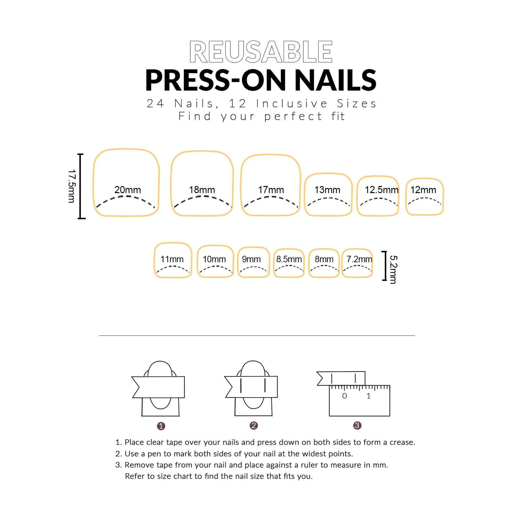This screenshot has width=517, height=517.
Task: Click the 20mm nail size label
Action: pyautogui.click(x=128, y=190)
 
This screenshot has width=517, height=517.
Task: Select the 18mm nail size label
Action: pyautogui.click(x=202, y=190)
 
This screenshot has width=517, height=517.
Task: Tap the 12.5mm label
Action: pyautogui.click(x=381, y=190)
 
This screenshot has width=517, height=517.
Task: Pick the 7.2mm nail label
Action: pyautogui.click(x=359, y=259)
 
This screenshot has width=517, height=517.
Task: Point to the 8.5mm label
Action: pyautogui.click(x=289, y=259)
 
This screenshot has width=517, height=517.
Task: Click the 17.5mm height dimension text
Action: pyautogui.click(x=71, y=186)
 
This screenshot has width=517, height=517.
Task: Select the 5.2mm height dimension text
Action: pyautogui.click(x=393, y=269)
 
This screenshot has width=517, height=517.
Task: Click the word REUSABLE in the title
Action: pyautogui.click(x=261, y=52)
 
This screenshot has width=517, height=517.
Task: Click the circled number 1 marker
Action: pyautogui.click(x=161, y=426)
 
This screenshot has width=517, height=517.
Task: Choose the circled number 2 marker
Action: pyautogui.click(x=253, y=426)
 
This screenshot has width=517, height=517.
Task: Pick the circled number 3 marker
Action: pyautogui.click(x=357, y=426)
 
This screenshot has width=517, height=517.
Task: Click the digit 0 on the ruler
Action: pyautogui.click(x=345, y=396)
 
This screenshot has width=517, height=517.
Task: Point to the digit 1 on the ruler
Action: pyautogui.click(x=368, y=396)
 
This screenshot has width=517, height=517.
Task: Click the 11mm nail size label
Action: pyautogui.click(x=172, y=259)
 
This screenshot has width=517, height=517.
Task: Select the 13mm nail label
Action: pyautogui.click(x=327, y=190)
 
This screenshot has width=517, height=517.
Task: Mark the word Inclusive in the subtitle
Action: pyautogui.click(x=292, y=104)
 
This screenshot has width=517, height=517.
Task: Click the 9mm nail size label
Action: pyautogui.click(x=251, y=259)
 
